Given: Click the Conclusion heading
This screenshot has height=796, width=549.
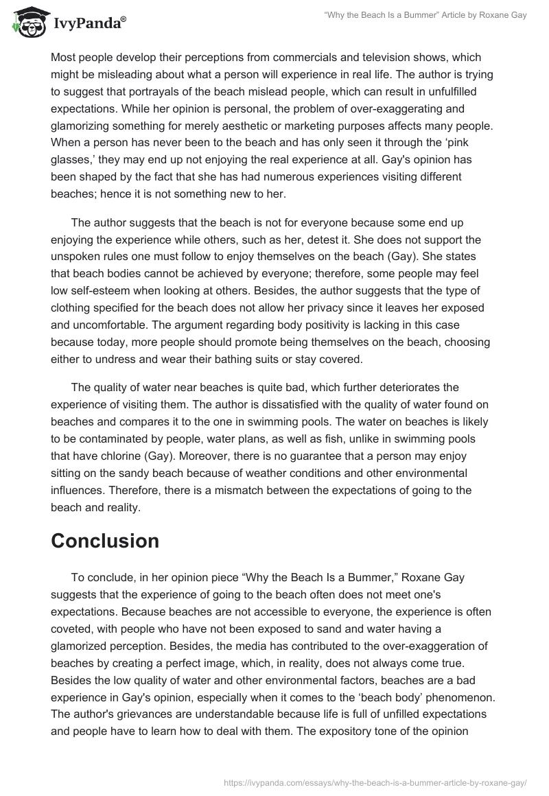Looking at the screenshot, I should click(x=105, y=541).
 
